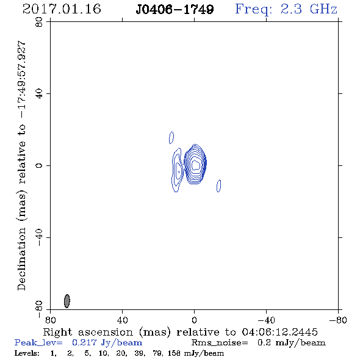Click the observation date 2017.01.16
pos(62,9)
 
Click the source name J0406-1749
pos(175,10)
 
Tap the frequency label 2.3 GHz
pos(309,9)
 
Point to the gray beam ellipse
pos(67,301)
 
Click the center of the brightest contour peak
pos(195,165)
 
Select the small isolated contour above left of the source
pos(171,137)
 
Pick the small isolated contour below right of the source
pos(219,185)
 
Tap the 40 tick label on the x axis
pos(122,320)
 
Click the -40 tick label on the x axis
pos(266,320)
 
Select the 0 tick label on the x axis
pos(194,320)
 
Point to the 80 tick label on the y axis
pos(39,22)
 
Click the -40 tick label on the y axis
pos(39,237)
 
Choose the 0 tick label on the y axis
pos(39,165)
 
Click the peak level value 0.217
pos(84,342)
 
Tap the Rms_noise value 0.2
pos(264,342)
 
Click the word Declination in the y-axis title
pos(21,259)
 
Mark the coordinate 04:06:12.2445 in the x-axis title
pos(279,332)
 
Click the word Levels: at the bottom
pos(27,353)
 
